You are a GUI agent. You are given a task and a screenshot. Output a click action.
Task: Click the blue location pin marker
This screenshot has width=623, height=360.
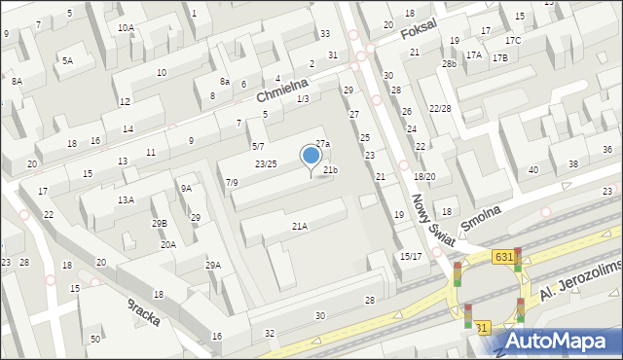311,157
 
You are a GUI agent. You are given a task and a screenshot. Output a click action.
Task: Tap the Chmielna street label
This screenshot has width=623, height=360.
281,90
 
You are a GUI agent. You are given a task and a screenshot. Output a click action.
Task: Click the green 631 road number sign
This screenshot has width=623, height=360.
502,256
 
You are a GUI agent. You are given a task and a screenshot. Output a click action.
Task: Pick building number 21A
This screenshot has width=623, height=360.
300,226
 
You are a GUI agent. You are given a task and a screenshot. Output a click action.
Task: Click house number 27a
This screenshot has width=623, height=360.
322,144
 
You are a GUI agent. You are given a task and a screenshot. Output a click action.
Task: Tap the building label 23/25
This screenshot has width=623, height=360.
266,163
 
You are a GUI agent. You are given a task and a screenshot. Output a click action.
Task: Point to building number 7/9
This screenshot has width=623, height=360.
232,182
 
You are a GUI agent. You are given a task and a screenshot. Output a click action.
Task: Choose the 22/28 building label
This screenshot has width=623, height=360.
440,108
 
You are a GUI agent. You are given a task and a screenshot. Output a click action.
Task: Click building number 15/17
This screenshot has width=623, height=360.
411,256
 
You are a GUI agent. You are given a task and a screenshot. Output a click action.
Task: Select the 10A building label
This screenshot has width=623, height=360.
126,27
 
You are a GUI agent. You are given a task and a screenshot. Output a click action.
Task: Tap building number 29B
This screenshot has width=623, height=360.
159,223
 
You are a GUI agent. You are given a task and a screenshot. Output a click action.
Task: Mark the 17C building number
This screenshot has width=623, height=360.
513,40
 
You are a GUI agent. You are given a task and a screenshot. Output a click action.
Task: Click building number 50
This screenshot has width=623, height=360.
95,339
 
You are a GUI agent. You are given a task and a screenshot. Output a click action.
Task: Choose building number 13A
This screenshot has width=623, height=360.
126,199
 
